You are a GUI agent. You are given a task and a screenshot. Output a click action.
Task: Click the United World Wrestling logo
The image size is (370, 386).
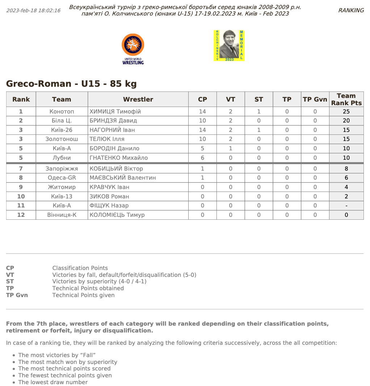pyautogui.click(x=133, y=49)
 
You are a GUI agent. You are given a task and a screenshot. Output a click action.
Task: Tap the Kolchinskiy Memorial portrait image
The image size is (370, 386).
pyautogui.click(x=229, y=46)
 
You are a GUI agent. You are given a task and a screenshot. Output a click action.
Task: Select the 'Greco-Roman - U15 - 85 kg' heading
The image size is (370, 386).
pyautogui.click(x=71, y=84)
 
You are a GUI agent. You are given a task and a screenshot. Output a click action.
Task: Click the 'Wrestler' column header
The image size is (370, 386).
pyautogui.click(x=138, y=99)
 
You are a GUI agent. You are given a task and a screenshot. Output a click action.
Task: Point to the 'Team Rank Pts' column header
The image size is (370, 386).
pyautogui.click(x=346, y=99)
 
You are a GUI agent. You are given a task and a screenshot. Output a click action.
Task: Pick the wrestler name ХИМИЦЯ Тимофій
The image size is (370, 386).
pyautogui.click(x=115, y=112)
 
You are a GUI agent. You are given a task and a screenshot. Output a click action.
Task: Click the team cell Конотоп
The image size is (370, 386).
pyautogui.click(x=62, y=112)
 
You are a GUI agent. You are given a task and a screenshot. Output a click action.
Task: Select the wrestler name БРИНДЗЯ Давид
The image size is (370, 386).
pyautogui.click(x=113, y=121)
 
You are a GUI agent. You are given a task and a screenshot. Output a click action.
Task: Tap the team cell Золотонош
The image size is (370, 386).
pyautogui.click(x=62, y=139)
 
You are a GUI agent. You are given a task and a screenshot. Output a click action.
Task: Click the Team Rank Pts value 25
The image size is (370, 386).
pyautogui.click(x=346, y=112)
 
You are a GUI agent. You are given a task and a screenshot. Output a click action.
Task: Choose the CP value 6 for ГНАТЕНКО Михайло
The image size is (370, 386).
pyautogui.click(x=202, y=158)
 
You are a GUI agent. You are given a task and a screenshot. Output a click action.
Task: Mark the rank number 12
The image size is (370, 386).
pyautogui.click(x=21, y=215)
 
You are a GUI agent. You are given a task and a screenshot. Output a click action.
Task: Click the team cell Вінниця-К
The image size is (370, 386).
pyautogui.click(x=62, y=215)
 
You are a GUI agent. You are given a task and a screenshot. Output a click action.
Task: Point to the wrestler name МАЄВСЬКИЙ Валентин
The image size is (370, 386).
pyautogui.click(x=123, y=178)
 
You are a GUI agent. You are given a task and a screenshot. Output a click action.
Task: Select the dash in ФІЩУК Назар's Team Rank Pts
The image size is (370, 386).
pyautogui.click(x=346, y=206)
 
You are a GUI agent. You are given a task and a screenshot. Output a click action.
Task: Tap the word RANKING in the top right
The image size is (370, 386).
pyautogui.click(x=351, y=10)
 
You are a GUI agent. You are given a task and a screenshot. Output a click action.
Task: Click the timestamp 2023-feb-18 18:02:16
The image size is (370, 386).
pyautogui.click(x=33, y=10)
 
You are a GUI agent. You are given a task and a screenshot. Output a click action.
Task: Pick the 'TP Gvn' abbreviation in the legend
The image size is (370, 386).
pyautogui.click(x=17, y=295)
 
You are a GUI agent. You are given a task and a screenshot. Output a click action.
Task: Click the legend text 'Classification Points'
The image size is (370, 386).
pyautogui.click(x=80, y=268)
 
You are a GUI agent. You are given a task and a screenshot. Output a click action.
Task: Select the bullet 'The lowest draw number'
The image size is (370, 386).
pyautogui.click(x=53, y=382)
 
